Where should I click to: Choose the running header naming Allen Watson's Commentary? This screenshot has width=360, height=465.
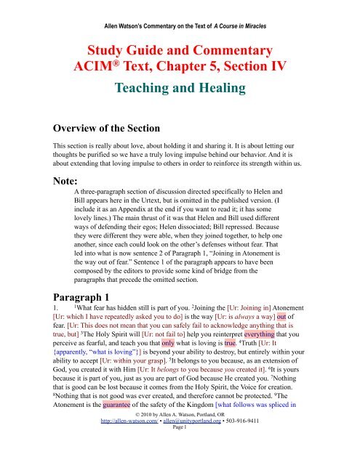[180, 8]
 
